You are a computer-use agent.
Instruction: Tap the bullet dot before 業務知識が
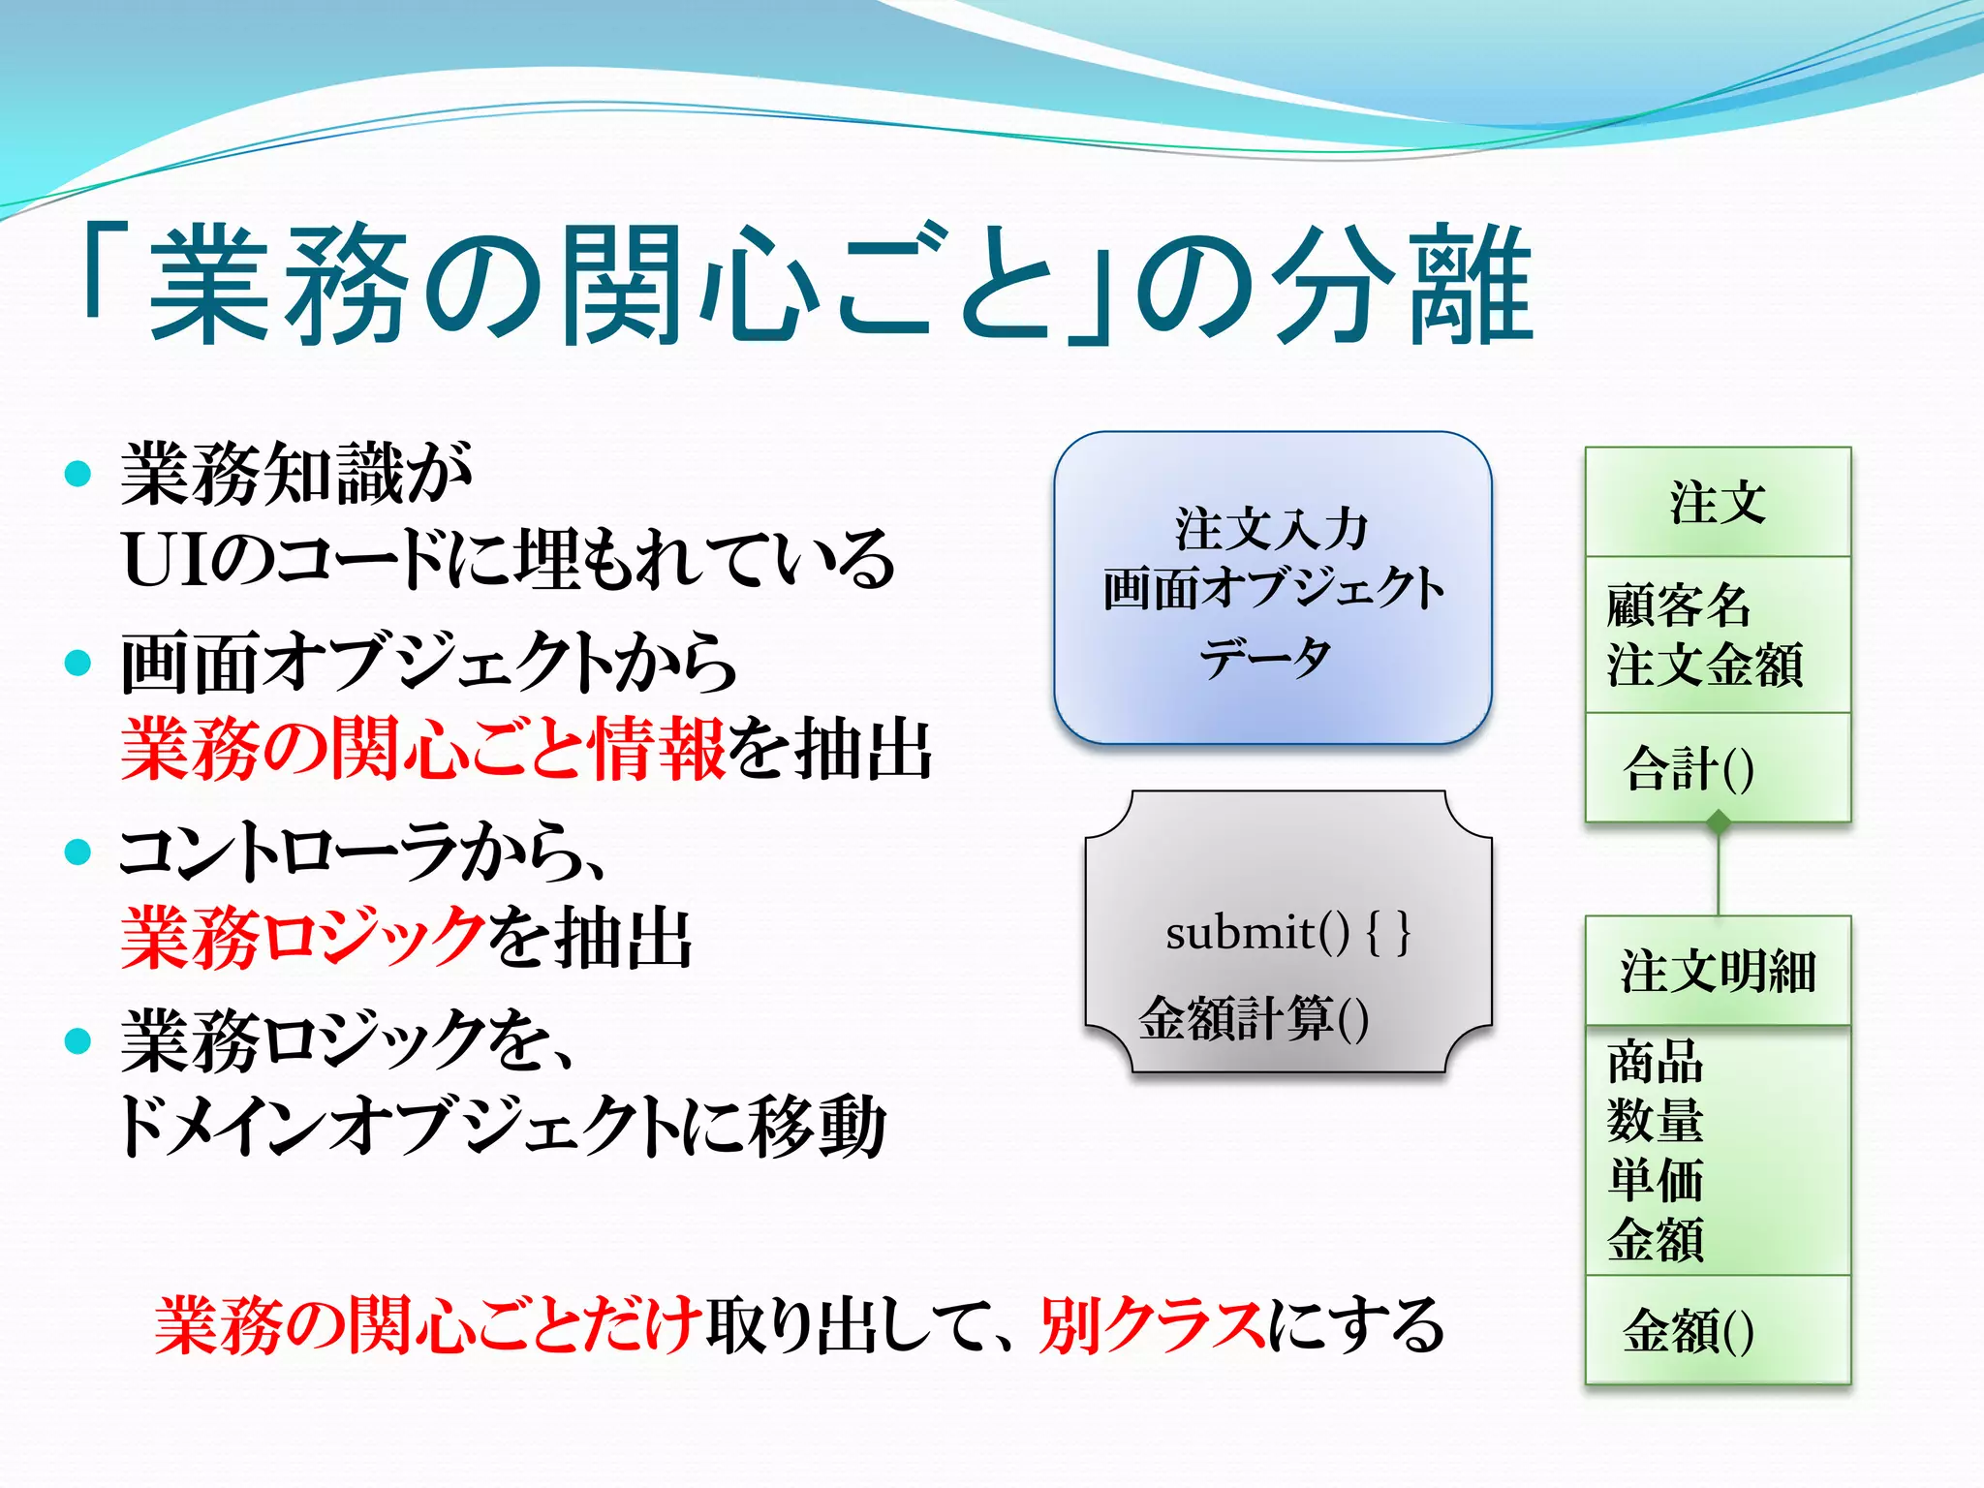[x=77, y=474]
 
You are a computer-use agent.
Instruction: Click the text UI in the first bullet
[x=165, y=560]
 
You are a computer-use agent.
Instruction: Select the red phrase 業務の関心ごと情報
[x=422, y=749]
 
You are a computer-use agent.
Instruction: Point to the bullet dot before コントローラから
[x=77, y=852]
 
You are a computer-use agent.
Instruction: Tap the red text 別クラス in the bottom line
[x=1152, y=1325]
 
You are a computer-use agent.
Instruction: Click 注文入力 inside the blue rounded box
[x=1272, y=529]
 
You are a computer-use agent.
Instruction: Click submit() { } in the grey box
[x=1287, y=933]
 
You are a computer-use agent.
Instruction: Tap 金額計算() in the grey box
[x=1254, y=1018]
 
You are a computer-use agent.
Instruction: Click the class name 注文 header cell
[x=1718, y=502]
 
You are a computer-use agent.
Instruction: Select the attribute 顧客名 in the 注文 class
[x=1679, y=605]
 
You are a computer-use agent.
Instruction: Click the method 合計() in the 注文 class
[x=1689, y=768]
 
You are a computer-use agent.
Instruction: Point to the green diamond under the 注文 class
[x=1719, y=823]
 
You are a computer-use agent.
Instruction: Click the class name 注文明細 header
[x=1718, y=971]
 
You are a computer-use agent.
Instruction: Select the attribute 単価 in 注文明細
[x=1655, y=1180]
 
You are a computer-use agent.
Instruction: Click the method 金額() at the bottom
[x=1689, y=1330]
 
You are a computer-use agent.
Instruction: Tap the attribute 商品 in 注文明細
[x=1655, y=1062]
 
